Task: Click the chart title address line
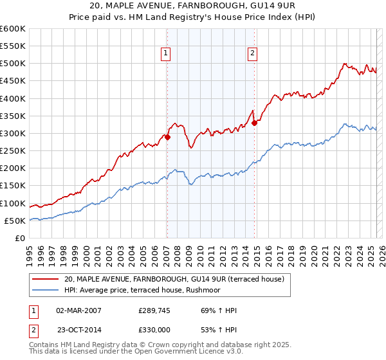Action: [x=193, y=5]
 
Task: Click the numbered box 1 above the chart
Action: [x=166, y=54]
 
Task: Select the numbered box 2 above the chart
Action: [x=252, y=54]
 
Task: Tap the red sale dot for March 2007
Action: [x=167, y=137]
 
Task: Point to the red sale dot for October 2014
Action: [x=254, y=123]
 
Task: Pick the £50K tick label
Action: [x=15, y=221]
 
